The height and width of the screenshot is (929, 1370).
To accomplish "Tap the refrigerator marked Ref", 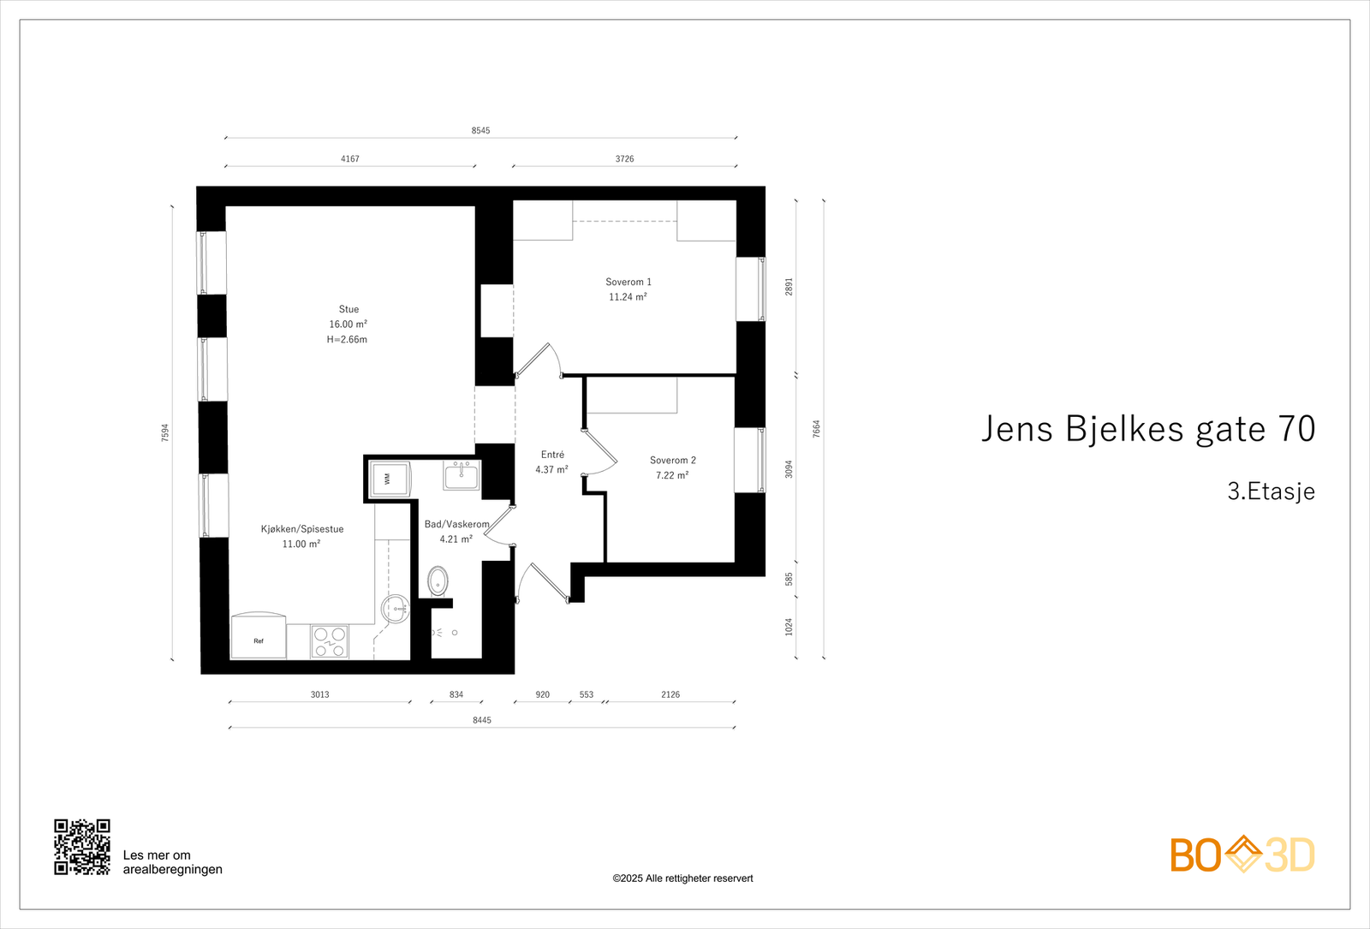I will (x=259, y=636).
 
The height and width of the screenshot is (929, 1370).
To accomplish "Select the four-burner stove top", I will (x=330, y=642).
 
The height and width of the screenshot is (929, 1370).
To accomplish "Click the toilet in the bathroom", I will (x=438, y=581).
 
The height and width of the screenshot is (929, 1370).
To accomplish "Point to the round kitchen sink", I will (x=395, y=608).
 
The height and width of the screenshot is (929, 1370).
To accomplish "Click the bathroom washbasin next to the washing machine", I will (x=461, y=475).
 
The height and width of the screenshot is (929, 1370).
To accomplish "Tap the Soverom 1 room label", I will (x=628, y=282).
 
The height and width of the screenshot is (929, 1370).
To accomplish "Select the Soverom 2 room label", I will (x=673, y=461).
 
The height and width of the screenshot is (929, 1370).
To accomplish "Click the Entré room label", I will (x=552, y=455).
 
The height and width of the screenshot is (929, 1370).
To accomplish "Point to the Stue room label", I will (x=348, y=309).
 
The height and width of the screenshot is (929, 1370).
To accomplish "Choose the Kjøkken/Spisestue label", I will (x=302, y=529).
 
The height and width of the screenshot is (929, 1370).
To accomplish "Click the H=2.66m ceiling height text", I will (x=347, y=340).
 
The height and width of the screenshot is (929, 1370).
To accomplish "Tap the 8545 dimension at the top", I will (x=480, y=131).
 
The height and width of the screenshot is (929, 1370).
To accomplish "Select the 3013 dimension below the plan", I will (x=319, y=694).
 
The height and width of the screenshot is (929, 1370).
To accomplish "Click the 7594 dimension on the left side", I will (x=165, y=432).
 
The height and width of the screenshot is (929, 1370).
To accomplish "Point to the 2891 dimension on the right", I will (x=789, y=287).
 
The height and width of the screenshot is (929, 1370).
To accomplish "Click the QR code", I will (x=82, y=847).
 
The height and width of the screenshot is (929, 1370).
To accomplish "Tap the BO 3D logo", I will (x=1242, y=855).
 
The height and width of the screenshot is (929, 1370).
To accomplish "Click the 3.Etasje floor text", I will (x=1271, y=491).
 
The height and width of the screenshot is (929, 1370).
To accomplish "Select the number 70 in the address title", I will (x=1296, y=429).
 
